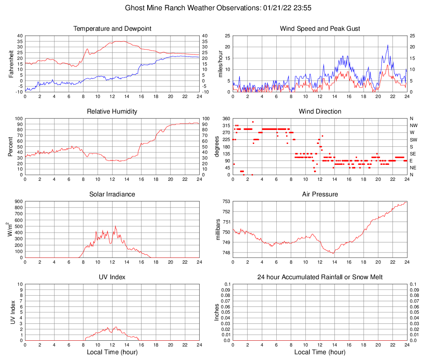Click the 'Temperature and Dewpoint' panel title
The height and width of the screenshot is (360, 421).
pyautogui.click(x=112, y=29)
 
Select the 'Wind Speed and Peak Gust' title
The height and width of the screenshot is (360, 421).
pyautogui.click(x=320, y=29)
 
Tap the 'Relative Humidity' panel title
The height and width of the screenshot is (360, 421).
pyautogui.click(x=112, y=112)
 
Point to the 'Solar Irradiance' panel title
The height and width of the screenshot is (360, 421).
pyautogui.click(x=112, y=194)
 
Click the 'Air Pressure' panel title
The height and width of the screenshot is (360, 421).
pyautogui.click(x=320, y=194)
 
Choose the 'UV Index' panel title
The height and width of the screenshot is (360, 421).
pyautogui.click(x=112, y=277)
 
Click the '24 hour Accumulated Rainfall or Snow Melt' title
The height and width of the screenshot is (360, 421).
pyautogui.click(x=320, y=277)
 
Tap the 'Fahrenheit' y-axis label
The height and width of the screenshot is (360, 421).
pyautogui.click(x=11, y=64)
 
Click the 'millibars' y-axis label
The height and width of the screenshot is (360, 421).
pyautogui.click(x=218, y=230)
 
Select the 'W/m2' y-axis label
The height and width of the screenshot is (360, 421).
pyautogui.click(x=10, y=230)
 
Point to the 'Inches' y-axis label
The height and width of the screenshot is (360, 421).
pyautogui.click(x=217, y=312)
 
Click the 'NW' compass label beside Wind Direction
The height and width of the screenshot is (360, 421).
pyautogui.click(x=413, y=125)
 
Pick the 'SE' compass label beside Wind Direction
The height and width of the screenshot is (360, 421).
pyautogui.click(x=413, y=154)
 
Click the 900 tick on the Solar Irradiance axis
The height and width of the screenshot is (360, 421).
pyautogui.click(x=18, y=202)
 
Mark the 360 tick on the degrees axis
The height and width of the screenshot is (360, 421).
pyautogui.click(x=226, y=118)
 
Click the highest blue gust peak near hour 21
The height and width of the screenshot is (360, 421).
pyautogui.click(x=387, y=45)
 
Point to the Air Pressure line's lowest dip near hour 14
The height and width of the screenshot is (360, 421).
pyautogui.click(x=333, y=253)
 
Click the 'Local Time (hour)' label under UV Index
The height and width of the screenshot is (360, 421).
pyautogui.click(x=112, y=352)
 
